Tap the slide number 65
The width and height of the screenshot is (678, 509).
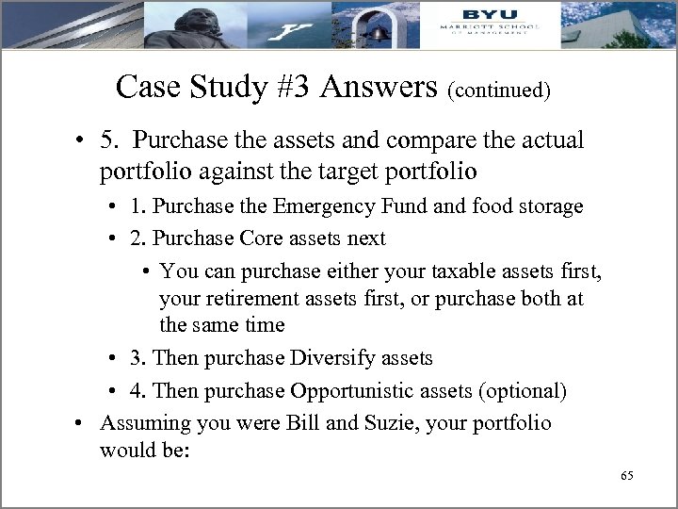click(x=627, y=475)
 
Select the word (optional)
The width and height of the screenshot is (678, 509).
click(x=528, y=390)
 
